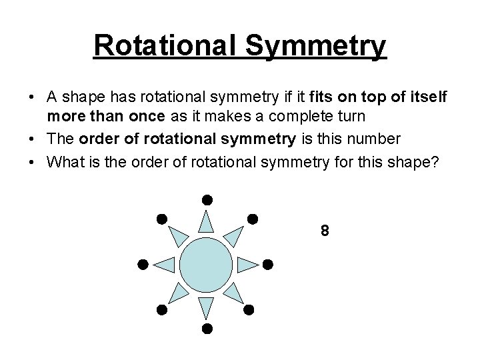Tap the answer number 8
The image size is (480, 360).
pyautogui.click(x=324, y=231)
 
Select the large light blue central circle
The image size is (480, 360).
pyautogui.click(x=206, y=264)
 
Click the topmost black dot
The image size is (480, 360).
pyautogui.click(x=207, y=199)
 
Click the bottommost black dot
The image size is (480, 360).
pyautogui.click(x=207, y=329)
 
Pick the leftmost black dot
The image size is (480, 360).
pyautogui.click(x=142, y=264)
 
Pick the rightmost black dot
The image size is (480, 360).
pyautogui.click(x=268, y=264)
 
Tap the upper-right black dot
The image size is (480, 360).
pyautogui.click(x=252, y=218)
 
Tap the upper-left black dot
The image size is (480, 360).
pyautogui.click(x=161, y=218)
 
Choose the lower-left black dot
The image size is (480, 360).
pyautogui.click(x=161, y=309)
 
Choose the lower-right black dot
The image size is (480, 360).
pyautogui.click(x=249, y=309)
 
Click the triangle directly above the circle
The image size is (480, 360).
pyautogui.click(x=207, y=221)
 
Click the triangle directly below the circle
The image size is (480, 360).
pyautogui.click(x=207, y=307)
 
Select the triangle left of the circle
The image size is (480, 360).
pyautogui.click(x=165, y=265)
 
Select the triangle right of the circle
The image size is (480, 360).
pyautogui.click(x=247, y=265)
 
